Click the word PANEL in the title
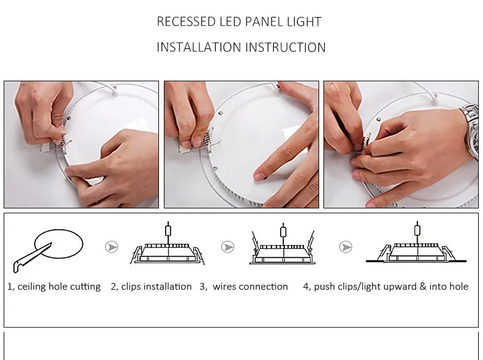tap(270, 22)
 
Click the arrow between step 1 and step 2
tap(111, 246)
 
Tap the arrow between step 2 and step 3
tap(228, 247)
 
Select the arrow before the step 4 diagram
tap(345, 247)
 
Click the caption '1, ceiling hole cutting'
tap(54, 286)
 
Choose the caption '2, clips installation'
tap(151, 286)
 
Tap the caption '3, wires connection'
tap(243, 286)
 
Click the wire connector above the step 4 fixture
tap(418, 231)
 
